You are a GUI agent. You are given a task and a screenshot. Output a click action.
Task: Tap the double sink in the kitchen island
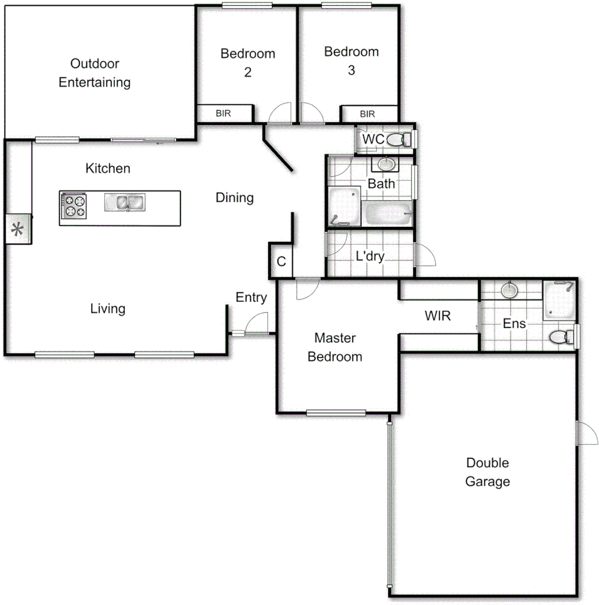(x=124, y=202)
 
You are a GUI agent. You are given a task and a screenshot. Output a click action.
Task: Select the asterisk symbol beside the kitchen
(x=18, y=230)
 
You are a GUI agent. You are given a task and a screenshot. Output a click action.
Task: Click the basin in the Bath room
(x=385, y=164)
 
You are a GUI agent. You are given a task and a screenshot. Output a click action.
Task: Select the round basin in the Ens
(x=509, y=291)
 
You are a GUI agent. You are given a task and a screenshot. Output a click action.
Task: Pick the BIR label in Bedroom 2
(x=224, y=114)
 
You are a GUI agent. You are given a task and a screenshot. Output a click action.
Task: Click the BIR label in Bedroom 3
(x=368, y=114)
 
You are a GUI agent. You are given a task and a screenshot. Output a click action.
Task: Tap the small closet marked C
(x=282, y=261)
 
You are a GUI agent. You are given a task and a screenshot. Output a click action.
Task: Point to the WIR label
(x=438, y=316)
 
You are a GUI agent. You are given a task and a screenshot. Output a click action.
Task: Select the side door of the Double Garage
(x=586, y=433)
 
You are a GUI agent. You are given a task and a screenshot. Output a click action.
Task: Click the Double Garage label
(x=487, y=472)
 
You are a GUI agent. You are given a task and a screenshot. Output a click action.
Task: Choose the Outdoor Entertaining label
(x=95, y=73)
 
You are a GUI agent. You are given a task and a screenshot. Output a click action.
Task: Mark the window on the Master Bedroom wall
(x=336, y=413)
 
